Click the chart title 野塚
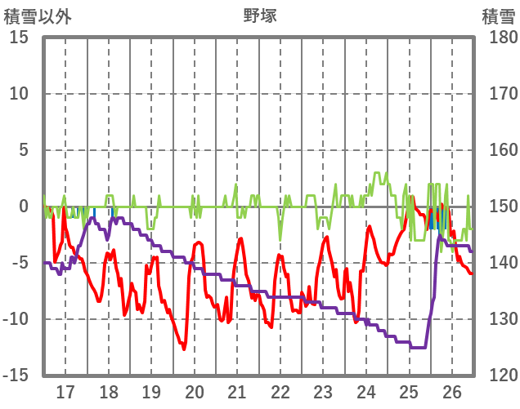coord(259,15)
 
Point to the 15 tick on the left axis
coord(19,38)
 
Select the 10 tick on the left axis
coord(19,94)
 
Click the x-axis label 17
coord(65,391)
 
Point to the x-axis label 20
coord(194,391)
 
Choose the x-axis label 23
coord(323,391)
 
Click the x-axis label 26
coord(452,391)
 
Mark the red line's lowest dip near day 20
coord(184,349)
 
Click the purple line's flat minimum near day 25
coord(418,347)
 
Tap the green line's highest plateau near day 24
coord(377,173)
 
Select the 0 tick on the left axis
coord(23,207)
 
